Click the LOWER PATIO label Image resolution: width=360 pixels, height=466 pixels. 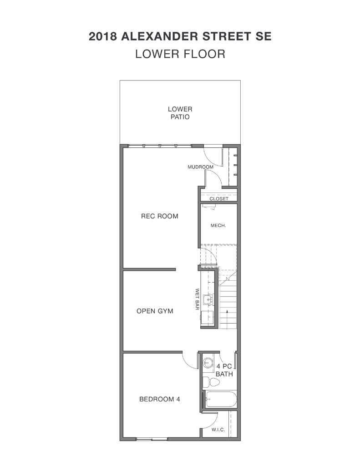(x=180, y=113)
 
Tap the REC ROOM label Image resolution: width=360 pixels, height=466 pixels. (x=160, y=216)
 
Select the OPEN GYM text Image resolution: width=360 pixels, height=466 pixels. (x=155, y=311)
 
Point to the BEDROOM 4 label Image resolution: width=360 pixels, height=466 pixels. (x=160, y=399)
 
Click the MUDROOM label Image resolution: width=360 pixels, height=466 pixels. (x=200, y=167)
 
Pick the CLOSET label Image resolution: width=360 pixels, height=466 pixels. (x=219, y=198)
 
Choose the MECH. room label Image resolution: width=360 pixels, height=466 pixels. (x=218, y=226)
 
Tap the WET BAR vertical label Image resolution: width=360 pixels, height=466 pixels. (x=197, y=299)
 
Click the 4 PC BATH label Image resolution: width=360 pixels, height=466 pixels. (x=224, y=370)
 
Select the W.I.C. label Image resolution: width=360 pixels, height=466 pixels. (x=218, y=430)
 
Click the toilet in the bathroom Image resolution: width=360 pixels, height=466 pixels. (x=211, y=382)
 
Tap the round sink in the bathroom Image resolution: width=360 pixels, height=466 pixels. (x=208, y=363)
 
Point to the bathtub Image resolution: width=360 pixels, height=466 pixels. (x=221, y=400)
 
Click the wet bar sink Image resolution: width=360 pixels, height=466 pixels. (x=208, y=299)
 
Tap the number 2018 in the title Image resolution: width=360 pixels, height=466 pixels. (x=102, y=36)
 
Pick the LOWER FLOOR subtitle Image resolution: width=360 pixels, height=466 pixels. (x=180, y=54)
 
